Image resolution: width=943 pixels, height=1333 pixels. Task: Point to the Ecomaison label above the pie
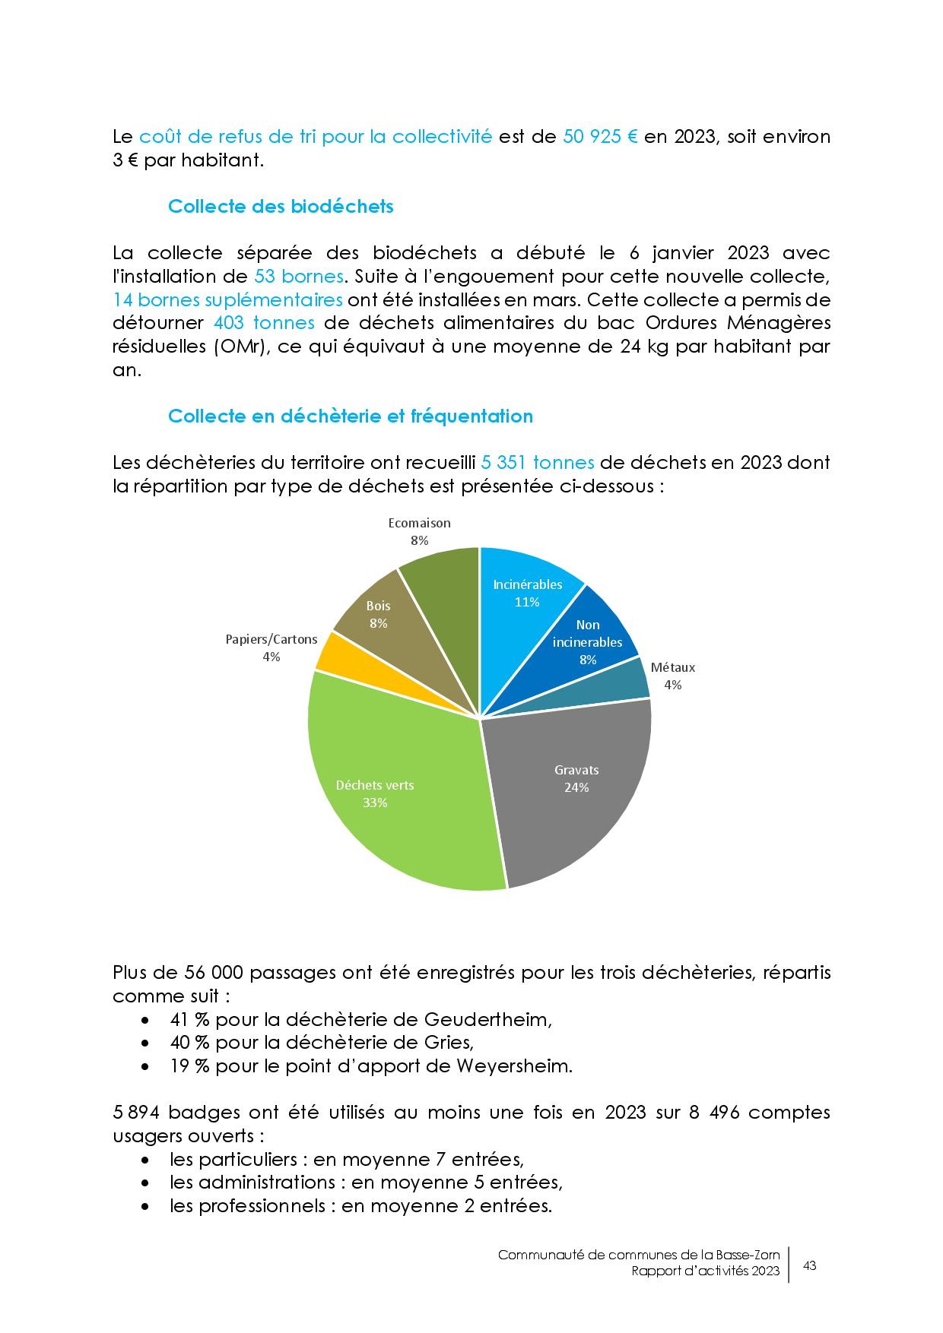click(x=419, y=524)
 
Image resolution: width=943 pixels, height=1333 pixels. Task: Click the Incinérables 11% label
click(x=527, y=593)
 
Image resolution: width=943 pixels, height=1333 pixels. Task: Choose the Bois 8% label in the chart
click(x=378, y=614)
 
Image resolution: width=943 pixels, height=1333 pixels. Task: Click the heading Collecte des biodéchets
click(x=281, y=207)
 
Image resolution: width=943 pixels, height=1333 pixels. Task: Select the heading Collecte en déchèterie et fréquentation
click(x=350, y=416)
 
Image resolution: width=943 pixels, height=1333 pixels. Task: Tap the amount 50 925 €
click(x=600, y=138)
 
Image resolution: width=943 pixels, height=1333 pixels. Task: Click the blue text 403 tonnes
click(x=264, y=323)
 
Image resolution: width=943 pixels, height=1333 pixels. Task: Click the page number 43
click(x=810, y=1266)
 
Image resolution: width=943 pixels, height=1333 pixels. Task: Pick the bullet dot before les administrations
click(x=145, y=1183)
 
